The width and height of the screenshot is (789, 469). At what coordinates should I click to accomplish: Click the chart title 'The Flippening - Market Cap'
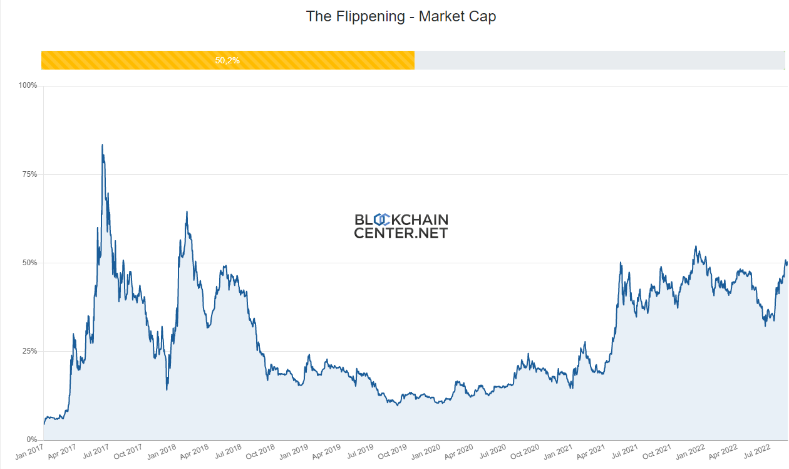click(401, 16)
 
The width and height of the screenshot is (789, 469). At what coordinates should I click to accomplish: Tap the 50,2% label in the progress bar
click(227, 61)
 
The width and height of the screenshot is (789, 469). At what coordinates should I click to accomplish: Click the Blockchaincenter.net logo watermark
click(401, 226)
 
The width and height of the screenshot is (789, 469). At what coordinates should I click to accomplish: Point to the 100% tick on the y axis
click(29, 85)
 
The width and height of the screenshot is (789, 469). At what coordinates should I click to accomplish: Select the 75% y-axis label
click(31, 174)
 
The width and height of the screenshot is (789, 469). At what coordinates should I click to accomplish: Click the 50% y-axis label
click(31, 263)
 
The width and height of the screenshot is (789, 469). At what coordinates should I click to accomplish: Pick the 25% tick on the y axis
click(31, 351)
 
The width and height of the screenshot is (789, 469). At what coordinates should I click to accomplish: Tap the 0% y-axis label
click(33, 440)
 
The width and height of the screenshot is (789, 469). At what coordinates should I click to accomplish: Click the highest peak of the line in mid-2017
click(102, 145)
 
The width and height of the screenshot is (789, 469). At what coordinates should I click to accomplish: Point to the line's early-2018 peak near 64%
click(187, 212)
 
